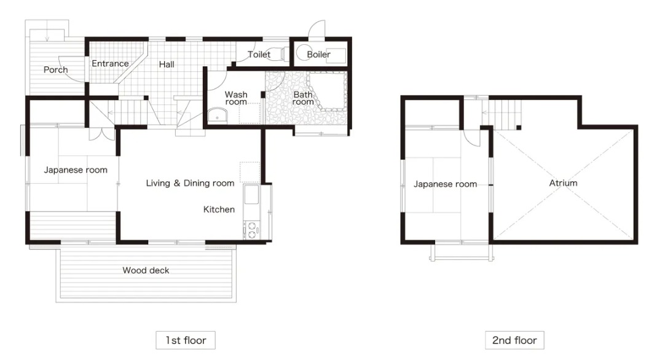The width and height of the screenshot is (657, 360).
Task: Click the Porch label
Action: click(56, 69)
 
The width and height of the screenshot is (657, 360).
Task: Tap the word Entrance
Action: click(110, 64)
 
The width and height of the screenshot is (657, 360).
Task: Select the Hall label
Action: click(167, 65)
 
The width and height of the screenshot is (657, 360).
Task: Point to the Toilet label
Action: click(259, 55)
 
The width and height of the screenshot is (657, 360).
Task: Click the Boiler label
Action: click(318, 55)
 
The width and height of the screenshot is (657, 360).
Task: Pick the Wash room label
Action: click(236, 98)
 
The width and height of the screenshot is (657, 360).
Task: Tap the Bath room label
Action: click(303, 98)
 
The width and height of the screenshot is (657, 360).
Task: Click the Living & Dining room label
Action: click(190, 183)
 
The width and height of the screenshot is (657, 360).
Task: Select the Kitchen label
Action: click(219, 209)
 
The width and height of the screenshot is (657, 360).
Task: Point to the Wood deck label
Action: click(146, 270)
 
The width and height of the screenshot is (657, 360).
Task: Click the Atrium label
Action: click(563, 183)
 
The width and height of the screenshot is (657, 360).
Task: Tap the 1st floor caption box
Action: click(186, 340)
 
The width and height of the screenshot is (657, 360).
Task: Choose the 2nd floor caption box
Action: click(514, 340)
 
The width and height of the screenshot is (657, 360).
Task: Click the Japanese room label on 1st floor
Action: click(76, 170)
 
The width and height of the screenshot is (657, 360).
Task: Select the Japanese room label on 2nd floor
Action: click(445, 184)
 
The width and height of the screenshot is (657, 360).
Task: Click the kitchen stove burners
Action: click(251, 230)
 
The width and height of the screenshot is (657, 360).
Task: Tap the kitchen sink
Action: click(251, 195)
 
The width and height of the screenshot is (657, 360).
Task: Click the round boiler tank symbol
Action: click(304, 53)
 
